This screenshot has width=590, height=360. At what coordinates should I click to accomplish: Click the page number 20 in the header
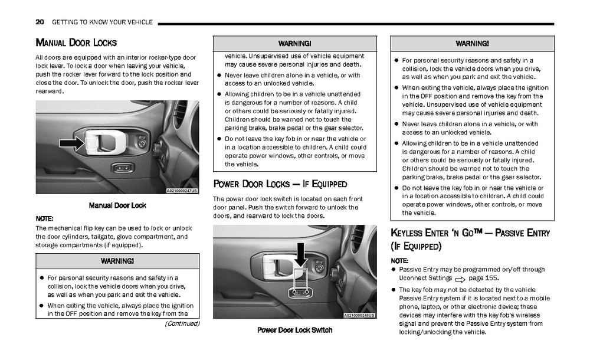tap(40, 22)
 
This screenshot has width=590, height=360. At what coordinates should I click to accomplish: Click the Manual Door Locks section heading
tap(76, 42)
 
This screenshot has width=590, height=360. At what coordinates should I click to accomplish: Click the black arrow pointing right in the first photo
tap(72, 143)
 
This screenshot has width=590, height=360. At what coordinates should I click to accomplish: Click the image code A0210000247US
tap(182, 191)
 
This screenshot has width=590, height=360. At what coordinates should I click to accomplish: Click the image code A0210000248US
tap(359, 315)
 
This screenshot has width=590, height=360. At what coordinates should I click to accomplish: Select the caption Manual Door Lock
tap(117, 205)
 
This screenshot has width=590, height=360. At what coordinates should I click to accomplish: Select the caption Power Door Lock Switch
tap(294, 330)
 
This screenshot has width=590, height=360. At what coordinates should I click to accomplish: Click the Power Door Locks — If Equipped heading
tap(280, 184)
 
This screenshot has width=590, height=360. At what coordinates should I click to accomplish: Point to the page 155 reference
tap(483, 277)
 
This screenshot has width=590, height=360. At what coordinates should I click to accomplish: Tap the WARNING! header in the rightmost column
tap(472, 44)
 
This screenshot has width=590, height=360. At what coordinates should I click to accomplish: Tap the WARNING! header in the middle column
tap(294, 44)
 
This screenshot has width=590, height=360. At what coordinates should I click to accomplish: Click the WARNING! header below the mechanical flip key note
tap(117, 261)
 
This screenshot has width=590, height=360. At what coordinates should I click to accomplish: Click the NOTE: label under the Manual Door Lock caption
tap(45, 218)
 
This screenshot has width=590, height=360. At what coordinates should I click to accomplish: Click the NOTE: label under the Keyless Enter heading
tap(399, 260)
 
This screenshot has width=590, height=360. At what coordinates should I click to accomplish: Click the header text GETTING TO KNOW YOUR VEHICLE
tap(102, 22)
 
